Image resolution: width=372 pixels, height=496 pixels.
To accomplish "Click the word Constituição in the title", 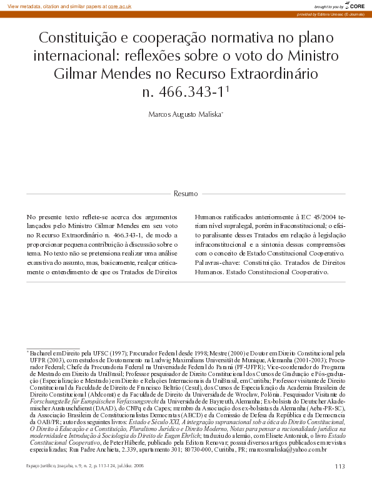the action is (x=75, y=38).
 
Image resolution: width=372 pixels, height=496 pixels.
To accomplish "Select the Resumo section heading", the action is (x=186, y=193).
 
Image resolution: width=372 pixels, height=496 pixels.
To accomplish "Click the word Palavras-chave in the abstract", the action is (x=223, y=263).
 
